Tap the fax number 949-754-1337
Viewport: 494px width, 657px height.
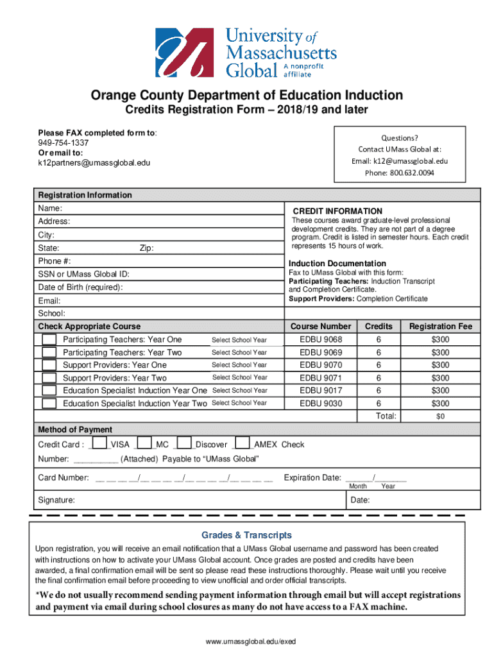pyautogui.click(x=64, y=143)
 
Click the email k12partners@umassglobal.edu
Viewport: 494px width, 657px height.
pyautogui.click(x=94, y=163)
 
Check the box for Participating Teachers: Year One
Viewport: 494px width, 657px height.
pyautogui.click(x=49, y=339)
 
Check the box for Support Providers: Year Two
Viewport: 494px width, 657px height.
pyautogui.click(x=49, y=378)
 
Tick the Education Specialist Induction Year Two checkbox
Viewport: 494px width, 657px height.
pyautogui.click(x=49, y=404)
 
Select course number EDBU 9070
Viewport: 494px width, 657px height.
pyautogui.click(x=321, y=365)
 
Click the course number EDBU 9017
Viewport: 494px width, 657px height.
pyautogui.click(x=321, y=390)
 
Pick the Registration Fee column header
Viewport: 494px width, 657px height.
pyautogui.click(x=440, y=327)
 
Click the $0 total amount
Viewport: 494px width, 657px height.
pyautogui.click(x=440, y=416)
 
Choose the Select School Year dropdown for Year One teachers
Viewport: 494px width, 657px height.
pyautogui.click(x=239, y=340)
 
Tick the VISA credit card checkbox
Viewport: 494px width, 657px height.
pyautogui.click(x=99, y=443)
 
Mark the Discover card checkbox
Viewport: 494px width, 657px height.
pyautogui.click(x=184, y=443)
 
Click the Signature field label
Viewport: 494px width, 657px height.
pyautogui.click(x=56, y=500)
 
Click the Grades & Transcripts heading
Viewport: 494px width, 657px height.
pyautogui.click(x=247, y=535)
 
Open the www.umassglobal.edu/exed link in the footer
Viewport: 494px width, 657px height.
pyautogui.click(x=247, y=642)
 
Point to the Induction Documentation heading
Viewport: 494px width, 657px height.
pyautogui.click(x=337, y=264)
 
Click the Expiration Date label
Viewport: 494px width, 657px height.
pyautogui.click(x=312, y=477)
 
